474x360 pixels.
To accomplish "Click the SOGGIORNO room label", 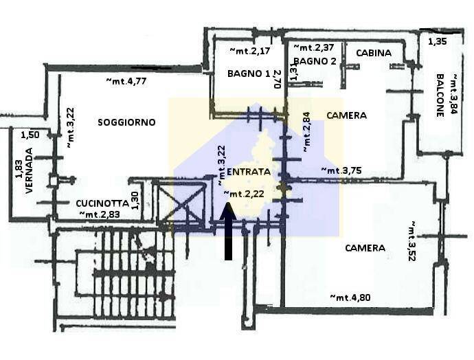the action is click(x=126, y=122).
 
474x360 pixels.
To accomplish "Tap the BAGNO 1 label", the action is click(x=249, y=74).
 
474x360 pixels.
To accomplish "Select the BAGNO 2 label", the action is click(x=315, y=61).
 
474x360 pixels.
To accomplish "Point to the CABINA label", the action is click(x=374, y=53).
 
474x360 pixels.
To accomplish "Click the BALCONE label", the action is click(x=440, y=95).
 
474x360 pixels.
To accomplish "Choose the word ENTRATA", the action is click(x=249, y=172).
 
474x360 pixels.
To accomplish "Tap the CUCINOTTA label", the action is click(x=102, y=203).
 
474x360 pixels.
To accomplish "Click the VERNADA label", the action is click(x=29, y=170).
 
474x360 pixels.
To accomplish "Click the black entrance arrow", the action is click(x=228, y=231).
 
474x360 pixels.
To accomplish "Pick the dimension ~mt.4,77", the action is click(x=126, y=81).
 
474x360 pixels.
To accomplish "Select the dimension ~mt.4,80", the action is click(x=350, y=297).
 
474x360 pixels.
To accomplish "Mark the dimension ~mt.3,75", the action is click(x=341, y=170).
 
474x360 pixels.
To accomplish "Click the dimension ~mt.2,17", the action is click(x=249, y=50).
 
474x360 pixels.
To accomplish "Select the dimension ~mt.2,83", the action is click(x=100, y=214).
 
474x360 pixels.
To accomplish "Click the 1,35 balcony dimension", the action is click(x=438, y=41).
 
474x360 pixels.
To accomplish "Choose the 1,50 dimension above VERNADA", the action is click(x=30, y=135).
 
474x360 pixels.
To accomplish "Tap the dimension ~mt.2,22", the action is click(x=244, y=194).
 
